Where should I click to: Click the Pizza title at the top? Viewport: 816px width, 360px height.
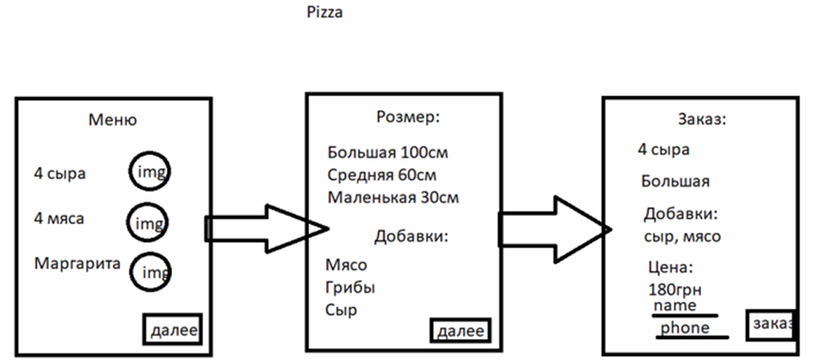tap(324, 13)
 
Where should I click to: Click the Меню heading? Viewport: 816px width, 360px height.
tap(112, 121)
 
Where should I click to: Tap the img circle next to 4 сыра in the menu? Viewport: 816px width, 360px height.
tap(150, 172)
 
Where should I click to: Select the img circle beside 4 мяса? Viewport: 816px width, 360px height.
tap(149, 221)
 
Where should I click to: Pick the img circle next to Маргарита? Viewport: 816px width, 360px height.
tap(151, 272)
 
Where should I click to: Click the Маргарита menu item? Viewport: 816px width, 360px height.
tap(77, 265)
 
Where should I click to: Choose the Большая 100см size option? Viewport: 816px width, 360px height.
tap(387, 152)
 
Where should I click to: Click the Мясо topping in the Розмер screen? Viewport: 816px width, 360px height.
tap(346, 265)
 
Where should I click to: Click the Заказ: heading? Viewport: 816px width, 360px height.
tap(701, 121)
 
